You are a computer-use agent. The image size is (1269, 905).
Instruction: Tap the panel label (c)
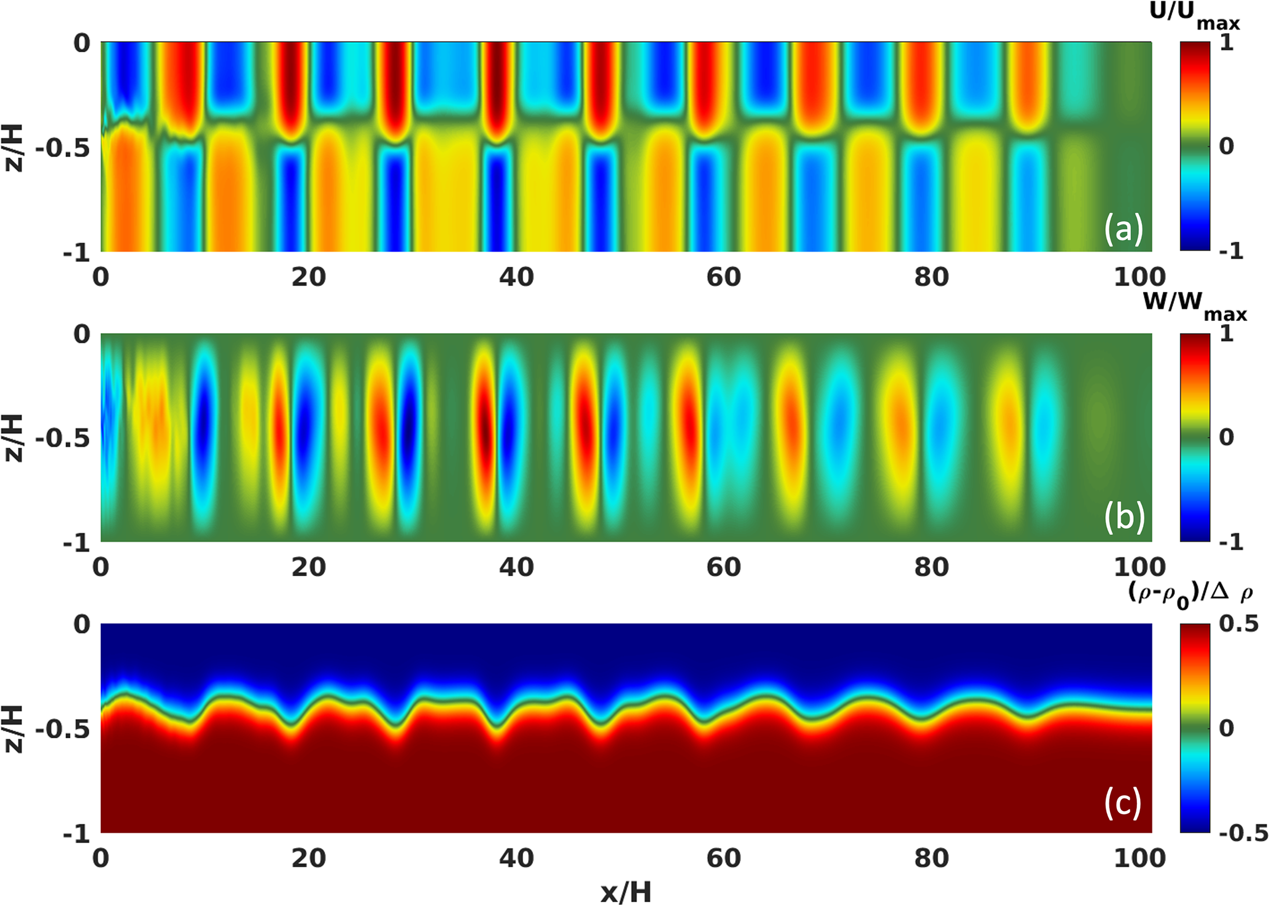tap(1123, 802)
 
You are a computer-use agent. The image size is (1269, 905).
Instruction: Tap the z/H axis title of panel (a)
tap(14, 148)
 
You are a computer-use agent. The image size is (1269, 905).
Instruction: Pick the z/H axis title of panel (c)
tap(14, 729)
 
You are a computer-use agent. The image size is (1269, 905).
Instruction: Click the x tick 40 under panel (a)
tap(516, 277)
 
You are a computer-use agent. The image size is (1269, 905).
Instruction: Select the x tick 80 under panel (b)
tap(931, 567)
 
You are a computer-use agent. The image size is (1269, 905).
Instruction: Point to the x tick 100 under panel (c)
tap(1139, 858)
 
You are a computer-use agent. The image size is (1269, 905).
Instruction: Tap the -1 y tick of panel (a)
tap(76, 252)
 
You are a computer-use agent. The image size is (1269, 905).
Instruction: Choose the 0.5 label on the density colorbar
tap(1238, 624)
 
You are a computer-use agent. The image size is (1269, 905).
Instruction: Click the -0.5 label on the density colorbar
tap(1243, 833)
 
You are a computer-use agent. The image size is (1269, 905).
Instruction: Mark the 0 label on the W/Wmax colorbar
tap(1226, 437)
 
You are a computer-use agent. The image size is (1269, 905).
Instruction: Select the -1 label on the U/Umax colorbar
tap(1231, 251)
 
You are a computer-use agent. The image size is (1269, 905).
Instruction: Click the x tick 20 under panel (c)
tap(308, 858)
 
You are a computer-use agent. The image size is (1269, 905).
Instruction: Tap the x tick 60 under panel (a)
tap(723, 277)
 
